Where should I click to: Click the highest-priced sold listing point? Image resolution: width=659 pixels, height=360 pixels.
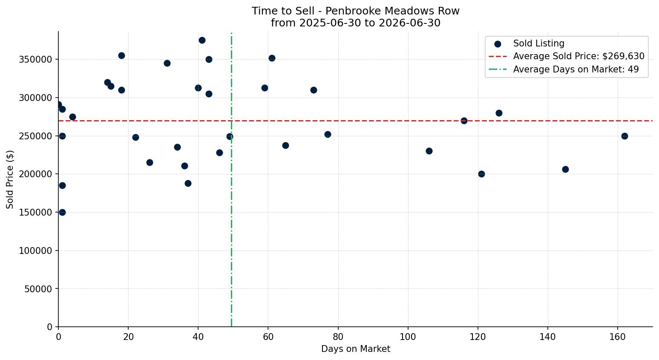[x=202, y=40]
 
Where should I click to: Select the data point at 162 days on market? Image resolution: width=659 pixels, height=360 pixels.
[x=624, y=136]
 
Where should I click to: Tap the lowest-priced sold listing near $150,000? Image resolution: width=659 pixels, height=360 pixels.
[x=62, y=212]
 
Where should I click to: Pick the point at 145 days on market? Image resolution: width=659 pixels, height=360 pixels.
[x=565, y=170]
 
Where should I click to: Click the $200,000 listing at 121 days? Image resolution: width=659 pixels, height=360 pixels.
[x=481, y=174]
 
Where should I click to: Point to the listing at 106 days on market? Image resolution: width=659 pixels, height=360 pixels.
[x=429, y=151]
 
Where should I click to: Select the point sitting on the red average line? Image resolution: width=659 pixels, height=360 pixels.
[x=464, y=121]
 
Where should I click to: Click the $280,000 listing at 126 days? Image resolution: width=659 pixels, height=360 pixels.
[x=499, y=113]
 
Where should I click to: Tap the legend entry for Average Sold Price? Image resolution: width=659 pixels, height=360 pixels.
[x=567, y=56]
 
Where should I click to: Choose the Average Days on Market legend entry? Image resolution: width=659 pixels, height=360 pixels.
[x=564, y=69]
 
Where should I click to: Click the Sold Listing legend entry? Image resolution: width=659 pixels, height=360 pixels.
[x=529, y=43]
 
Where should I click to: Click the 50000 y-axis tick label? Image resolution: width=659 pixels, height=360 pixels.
[x=38, y=289]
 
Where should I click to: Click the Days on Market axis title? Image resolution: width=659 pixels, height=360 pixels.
[x=356, y=349]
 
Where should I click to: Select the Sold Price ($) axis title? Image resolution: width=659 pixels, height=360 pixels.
[x=10, y=179]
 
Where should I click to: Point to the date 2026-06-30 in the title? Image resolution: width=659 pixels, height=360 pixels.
[x=409, y=23]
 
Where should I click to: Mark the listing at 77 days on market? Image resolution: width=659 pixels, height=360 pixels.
[x=328, y=134]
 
